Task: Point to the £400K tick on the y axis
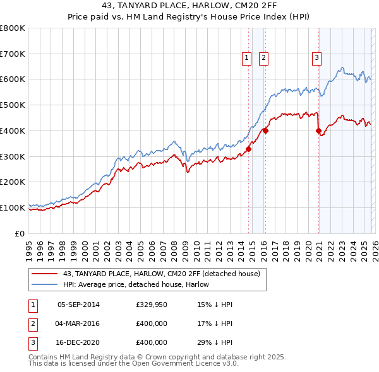[13, 131]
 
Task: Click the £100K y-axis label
[13, 207]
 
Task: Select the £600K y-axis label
[13, 79]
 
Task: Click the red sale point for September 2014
[248, 149]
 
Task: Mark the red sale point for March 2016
[265, 131]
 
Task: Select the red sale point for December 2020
[318, 131]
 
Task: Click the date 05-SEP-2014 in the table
[78, 305]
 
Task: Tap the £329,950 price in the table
[151, 305]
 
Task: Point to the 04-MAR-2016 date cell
[78, 323]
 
